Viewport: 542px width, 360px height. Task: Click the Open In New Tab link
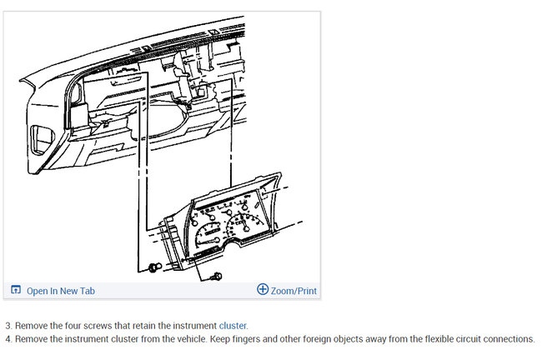coord(61,291)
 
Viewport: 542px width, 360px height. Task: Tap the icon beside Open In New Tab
coord(16,289)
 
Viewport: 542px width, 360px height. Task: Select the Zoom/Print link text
coord(294,291)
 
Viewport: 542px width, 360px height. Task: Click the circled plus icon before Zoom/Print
coord(263,289)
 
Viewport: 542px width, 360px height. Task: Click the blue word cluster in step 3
coord(233,326)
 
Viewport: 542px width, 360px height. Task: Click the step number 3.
coord(8,326)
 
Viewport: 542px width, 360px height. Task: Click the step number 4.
coord(8,339)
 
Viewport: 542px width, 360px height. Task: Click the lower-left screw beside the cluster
coord(154,267)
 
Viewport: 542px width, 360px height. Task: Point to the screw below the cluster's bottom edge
coord(217,276)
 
